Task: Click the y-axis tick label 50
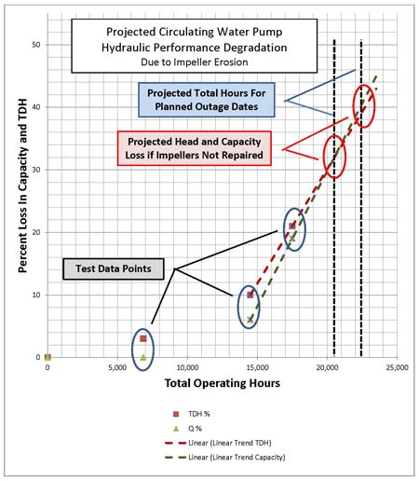coord(36,45)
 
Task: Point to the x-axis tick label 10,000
coord(187,367)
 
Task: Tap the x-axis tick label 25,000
coord(397,367)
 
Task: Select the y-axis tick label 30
coord(36,170)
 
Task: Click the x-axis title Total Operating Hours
coord(223,383)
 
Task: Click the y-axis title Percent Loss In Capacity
coord(22,186)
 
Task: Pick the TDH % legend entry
coord(192,414)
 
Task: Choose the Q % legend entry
coord(187,429)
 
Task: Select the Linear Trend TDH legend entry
coord(219,443)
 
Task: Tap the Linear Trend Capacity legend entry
coord(225,458)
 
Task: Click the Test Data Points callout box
coord(114,269)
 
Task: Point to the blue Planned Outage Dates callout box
coord(207,100)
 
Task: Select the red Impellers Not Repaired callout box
coord(195,148)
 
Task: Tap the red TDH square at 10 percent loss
coord(250,295)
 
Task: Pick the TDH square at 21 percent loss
coord(292,226)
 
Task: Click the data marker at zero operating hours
coord(47,357)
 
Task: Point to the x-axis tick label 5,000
coord(117,367)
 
